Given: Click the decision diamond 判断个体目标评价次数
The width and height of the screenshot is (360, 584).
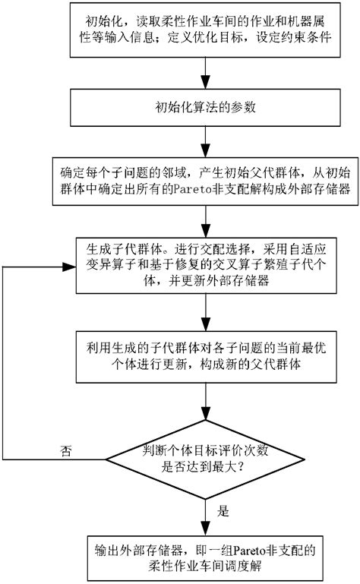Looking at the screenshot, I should point(206,458).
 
